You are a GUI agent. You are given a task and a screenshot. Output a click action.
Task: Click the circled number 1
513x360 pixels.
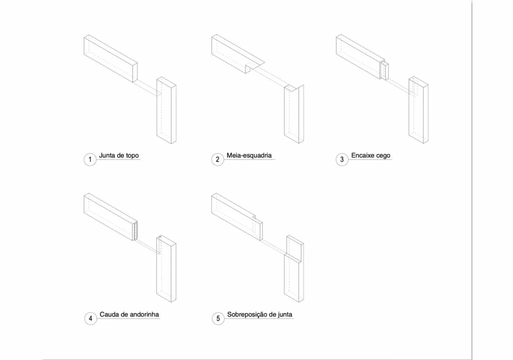[90, 160]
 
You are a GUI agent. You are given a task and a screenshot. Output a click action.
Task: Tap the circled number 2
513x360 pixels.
[217, 160]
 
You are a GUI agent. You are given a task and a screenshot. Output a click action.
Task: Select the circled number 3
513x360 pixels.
[342, 160]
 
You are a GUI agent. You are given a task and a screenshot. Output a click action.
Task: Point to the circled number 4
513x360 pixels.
[91, 318]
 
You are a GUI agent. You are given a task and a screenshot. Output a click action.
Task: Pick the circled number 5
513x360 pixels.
[218, 318]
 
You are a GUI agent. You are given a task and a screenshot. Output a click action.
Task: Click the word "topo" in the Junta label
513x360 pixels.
[132, 156]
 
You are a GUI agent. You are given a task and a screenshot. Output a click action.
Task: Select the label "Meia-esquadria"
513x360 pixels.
[249, 155]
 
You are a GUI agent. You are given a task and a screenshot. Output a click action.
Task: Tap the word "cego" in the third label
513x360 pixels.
[382, 156]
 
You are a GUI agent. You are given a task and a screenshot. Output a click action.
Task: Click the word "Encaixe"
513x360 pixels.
[362, 155]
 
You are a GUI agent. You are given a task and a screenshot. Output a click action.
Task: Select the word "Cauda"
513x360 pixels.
[109, 314]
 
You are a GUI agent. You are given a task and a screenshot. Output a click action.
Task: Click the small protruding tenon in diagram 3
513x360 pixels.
[385, 70]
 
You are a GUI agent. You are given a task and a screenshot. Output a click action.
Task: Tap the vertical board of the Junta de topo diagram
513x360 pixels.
[166, 110]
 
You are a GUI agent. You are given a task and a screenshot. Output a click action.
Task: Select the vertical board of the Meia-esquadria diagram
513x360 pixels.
[294, 114]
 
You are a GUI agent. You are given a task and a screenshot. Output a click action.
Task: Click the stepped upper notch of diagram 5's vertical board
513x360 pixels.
[295, 248]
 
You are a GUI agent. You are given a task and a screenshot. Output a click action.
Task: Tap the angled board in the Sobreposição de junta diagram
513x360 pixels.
[237, 216]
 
